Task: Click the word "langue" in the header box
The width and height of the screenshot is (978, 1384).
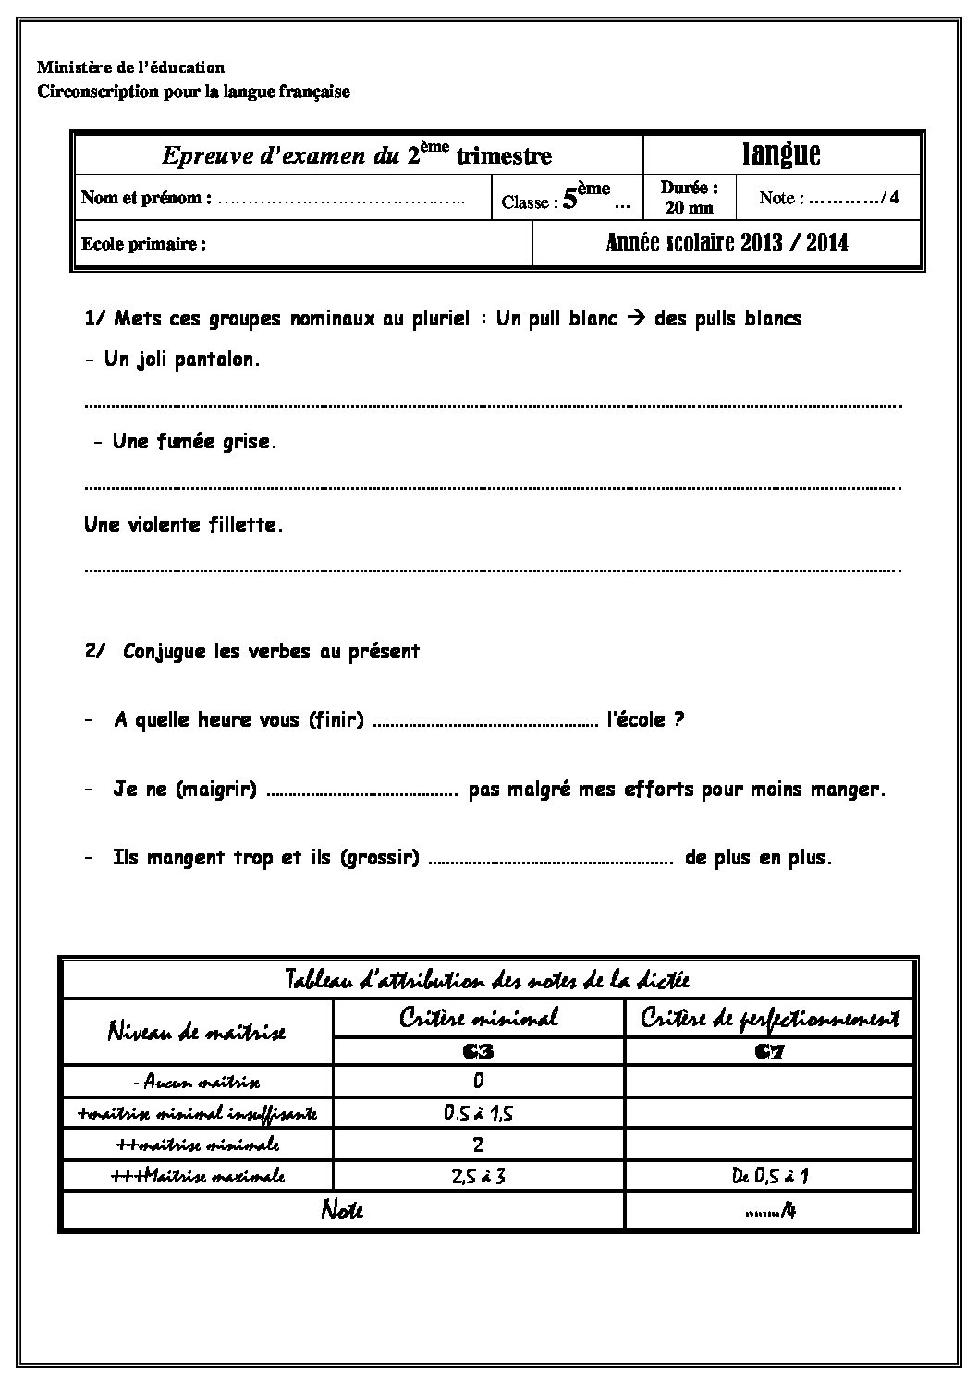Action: tap(781, 154)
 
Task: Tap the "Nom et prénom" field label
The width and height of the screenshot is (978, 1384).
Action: tap(146, 198)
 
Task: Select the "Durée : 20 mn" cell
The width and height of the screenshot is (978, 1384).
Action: tap(689, 198)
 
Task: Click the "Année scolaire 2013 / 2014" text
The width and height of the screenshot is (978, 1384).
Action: tap(727, 243)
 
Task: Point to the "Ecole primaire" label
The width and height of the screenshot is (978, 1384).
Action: tap(143, 245)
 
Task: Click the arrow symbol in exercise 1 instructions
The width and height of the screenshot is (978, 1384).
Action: tap(636, 319)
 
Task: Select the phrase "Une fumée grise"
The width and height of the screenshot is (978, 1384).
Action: tap(194, 442)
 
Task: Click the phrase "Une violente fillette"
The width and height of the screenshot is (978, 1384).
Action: tap(183, 525)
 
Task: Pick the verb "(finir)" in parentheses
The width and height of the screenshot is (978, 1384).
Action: tap(336, 719)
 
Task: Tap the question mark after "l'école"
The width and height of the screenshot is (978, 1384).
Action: tap(678, 719)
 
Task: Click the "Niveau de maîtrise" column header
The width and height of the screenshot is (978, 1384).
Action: tap(196, 1032)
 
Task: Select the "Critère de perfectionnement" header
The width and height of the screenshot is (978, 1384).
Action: tap(770, 1018)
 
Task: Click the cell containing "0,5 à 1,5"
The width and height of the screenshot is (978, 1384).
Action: tap(478, 1113)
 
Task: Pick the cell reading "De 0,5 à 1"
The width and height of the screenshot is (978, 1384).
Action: tap(770, 1176)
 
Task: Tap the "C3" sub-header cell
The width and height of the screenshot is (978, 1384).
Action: tap(478, 1051)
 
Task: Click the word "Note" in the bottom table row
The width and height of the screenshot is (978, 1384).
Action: tap(341, 1209)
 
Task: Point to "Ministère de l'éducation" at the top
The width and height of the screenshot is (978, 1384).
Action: tap(130, 67)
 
